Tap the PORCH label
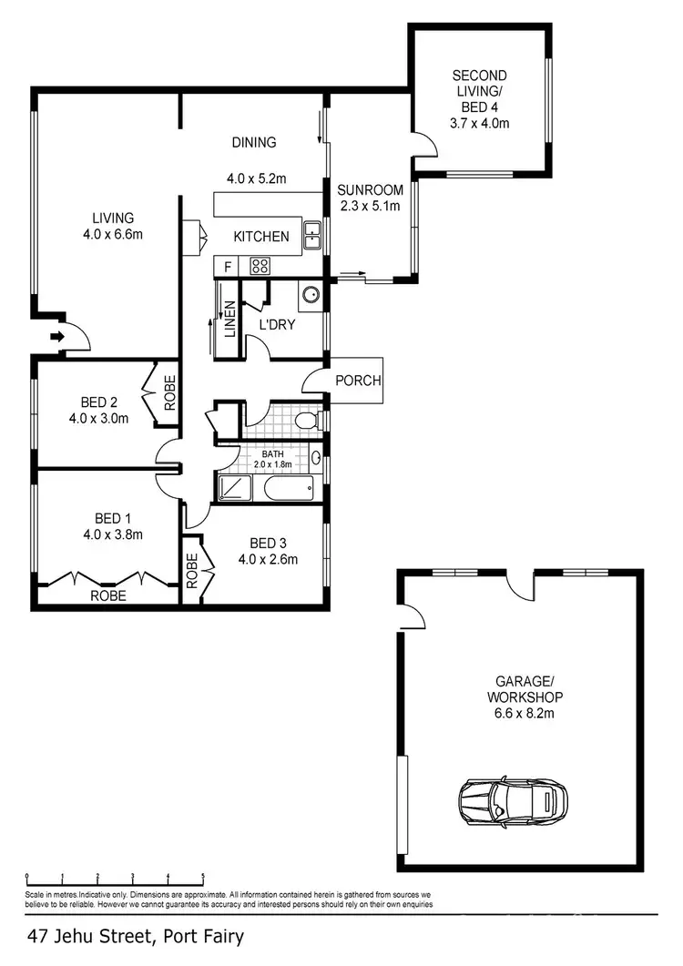click(358, 381)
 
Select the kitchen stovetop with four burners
click(260, 267)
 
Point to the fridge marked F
click(227, 267)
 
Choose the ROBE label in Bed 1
click(107, 595)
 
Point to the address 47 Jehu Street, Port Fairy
click(137, 936)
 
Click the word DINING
click(253, 142)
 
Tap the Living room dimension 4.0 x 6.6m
click(113, 234)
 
